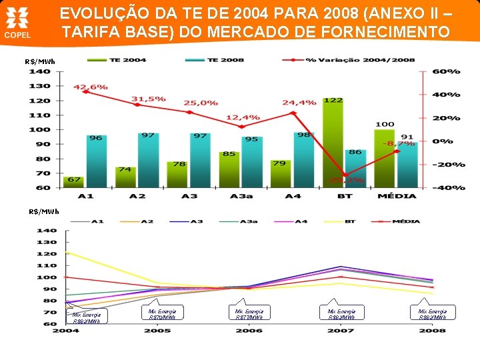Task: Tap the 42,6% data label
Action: [x=90, y=87]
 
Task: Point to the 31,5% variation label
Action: [x=148, y=99]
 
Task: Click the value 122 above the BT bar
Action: [x=333, y=100]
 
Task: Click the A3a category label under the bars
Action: [x=241, y=196]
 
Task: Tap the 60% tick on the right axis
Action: [x=446, y=71]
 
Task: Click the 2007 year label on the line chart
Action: [x=340, y=331]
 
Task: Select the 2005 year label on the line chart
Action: [x=157, y=331]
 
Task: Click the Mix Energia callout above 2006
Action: [x=249, y=313]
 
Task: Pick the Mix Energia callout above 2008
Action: [x=432, y=313]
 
